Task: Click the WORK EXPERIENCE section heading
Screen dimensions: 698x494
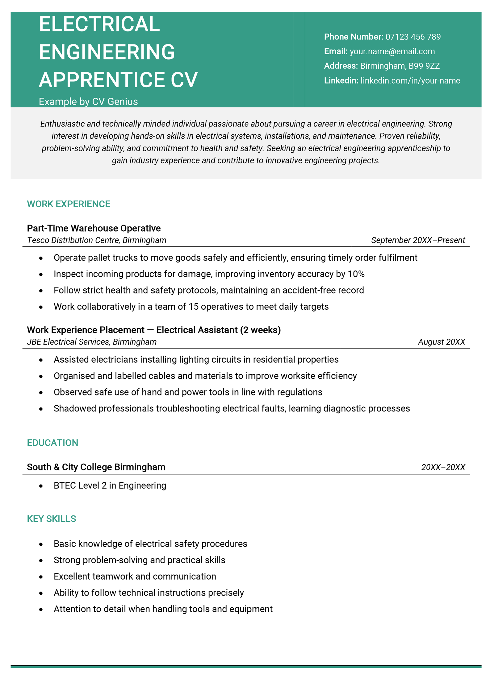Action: point(68,204)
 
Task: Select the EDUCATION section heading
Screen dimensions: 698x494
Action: point(52,443)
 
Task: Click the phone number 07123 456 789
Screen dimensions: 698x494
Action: point(413,37)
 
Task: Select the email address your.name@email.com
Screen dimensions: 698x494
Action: point(392,51)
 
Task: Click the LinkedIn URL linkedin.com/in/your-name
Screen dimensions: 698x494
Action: point(410,81)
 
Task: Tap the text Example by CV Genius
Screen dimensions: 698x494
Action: point(88,101)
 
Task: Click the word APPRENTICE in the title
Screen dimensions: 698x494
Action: point(102,80)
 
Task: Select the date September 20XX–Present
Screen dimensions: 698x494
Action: point(418,240)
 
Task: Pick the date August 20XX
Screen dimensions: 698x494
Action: point(441,342)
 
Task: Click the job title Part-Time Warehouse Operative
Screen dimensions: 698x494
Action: point(94,228)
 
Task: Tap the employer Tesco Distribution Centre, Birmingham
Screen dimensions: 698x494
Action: point(97,240)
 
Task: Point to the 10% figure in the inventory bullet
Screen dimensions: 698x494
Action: point(356,274)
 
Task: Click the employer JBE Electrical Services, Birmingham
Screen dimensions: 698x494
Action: point(92,342)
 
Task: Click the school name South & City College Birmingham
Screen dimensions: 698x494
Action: point(96,467)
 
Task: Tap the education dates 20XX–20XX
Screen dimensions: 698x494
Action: point(443,467)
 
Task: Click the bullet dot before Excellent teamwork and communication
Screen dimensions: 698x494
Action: point(41,577)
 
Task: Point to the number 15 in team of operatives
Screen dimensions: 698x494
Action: point(194,307)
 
